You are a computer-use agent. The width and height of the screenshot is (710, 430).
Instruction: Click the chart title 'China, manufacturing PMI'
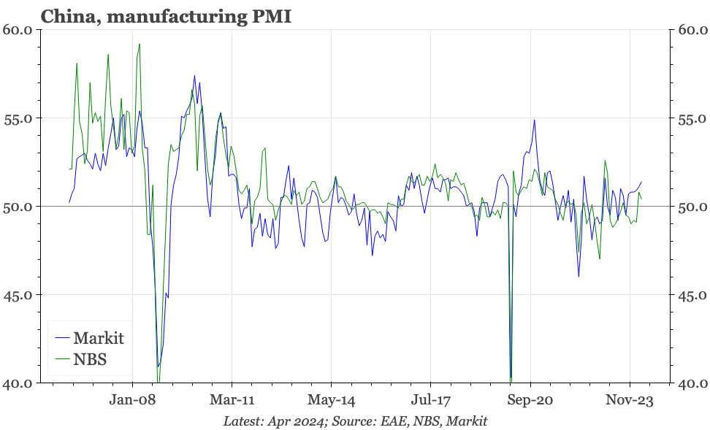pyautogui.click(x=166, y=16)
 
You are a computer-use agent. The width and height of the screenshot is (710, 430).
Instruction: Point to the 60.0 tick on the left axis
pyautogui.click(x=18, y=30)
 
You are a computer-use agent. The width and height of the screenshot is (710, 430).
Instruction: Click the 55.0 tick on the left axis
pyautogui.click(x=18, y=118)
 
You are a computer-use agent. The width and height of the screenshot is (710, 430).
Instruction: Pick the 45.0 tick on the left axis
pyautogui.click(x=18, y=295)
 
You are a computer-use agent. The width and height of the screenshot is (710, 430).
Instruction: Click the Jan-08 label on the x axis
pyautogui.click(x=132, y=400)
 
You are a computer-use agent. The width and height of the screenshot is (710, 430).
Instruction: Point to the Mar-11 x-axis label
pyautogui.click(x=232, y=400)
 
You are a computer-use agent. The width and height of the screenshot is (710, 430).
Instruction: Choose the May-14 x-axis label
pyautogui.click(x=331, y=400)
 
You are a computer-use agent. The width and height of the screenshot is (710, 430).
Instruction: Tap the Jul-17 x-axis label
pyautogui.click(x=430, y=400)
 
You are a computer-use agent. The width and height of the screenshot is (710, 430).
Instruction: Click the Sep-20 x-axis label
pyautogui.click(x=530, y=400)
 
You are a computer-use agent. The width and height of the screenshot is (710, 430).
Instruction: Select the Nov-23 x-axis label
pyautogui.click(x=630, y=400)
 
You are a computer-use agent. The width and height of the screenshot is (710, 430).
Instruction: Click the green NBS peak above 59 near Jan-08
pyautogui.click(x=140, y=45)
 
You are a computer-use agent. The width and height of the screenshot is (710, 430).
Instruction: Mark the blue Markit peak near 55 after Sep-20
pyautogui.click(x=534, y=120)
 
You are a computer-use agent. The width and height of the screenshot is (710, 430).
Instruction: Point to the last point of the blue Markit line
pyautogui.click(x=641, y=182)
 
